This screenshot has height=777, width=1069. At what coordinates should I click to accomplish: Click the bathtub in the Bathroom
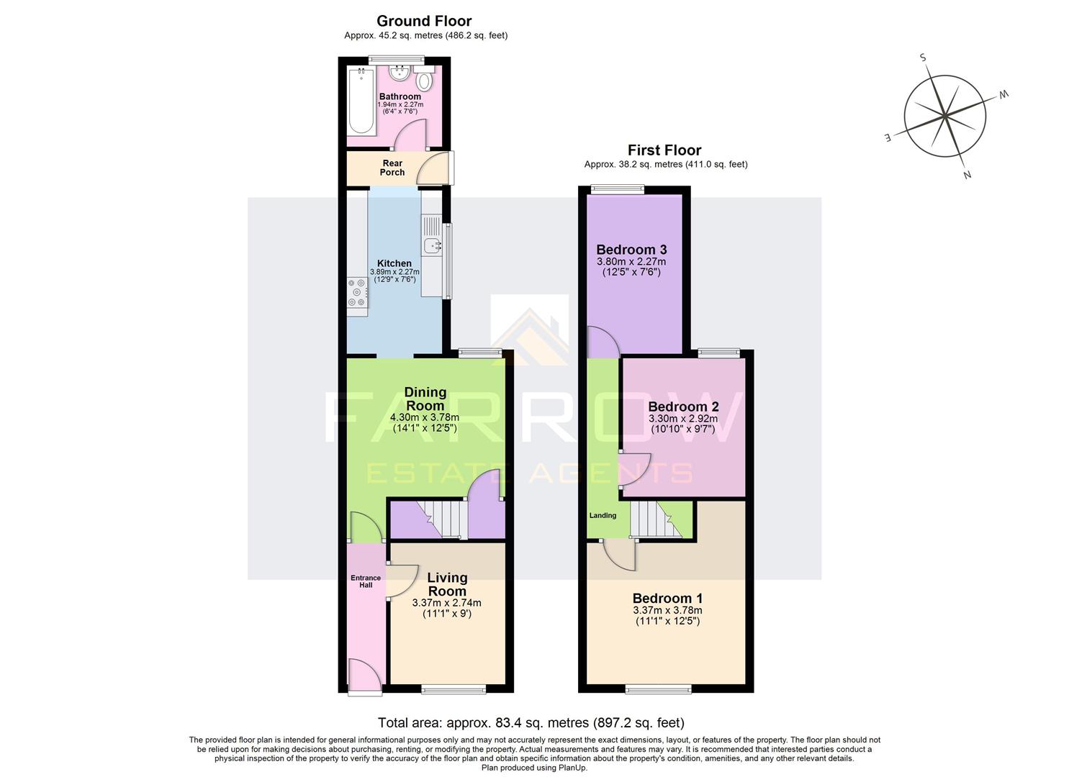(362, 101)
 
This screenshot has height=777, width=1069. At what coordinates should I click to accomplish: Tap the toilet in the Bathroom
(424, 81)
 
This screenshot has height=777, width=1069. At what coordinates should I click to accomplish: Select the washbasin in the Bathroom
(398, 73)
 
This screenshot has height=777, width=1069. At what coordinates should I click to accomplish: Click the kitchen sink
(432, 245)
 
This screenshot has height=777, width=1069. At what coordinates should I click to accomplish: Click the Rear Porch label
(392, 168)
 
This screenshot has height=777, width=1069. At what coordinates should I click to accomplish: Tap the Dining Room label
(425, 399)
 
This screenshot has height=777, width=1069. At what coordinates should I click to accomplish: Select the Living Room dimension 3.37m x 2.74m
(446, 603)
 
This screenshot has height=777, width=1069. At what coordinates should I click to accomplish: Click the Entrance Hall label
(366, 581)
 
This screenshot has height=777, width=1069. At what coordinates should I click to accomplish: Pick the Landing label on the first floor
(603, 515)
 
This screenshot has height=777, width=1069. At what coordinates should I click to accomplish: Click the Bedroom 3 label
(631, 250)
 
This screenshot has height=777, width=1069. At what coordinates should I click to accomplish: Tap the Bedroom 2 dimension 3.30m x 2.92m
(683, 419)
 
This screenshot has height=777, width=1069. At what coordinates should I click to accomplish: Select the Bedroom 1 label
(667, 598)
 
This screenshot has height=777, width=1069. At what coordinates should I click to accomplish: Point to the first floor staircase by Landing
(654, 519)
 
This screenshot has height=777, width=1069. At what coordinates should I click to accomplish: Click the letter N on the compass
(967, 174)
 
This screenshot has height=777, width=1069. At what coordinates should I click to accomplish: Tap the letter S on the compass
(923, 58)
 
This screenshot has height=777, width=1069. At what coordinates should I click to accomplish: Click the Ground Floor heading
(424, 21)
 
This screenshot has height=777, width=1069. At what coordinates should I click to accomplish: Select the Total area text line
(531, 722)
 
